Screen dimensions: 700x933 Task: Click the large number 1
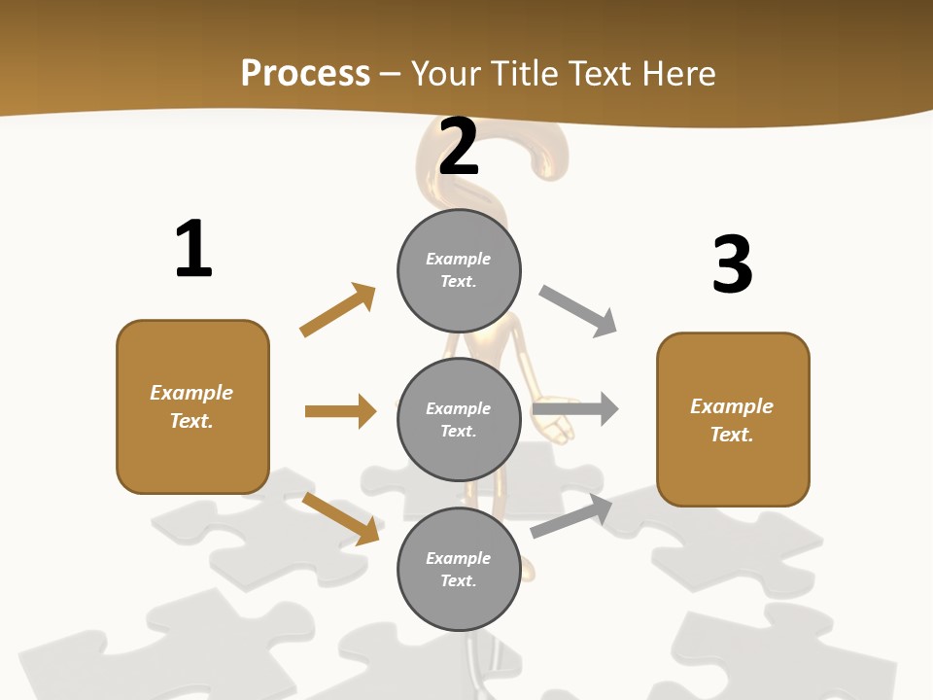[193, 249]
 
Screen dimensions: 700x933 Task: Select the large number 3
[732, 264]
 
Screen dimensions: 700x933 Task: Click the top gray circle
[459, 270]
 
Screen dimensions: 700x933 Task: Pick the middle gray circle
[459, 419]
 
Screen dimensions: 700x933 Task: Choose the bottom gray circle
[459, 569]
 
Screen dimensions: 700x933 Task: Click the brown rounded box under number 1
[192, 406]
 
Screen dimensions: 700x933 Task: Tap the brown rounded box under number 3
[733, 419]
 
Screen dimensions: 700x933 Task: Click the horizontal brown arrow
[340, 411]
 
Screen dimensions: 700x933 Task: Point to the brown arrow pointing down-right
[340, 518]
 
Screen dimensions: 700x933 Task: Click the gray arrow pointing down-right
[578, 311]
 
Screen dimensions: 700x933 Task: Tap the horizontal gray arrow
[575, 409]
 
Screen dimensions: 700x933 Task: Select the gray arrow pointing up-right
[571, 515]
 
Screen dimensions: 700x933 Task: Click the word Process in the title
[305, 73]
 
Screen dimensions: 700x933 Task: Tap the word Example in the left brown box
[191, 393]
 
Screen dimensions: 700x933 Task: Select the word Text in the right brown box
[731, 435]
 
